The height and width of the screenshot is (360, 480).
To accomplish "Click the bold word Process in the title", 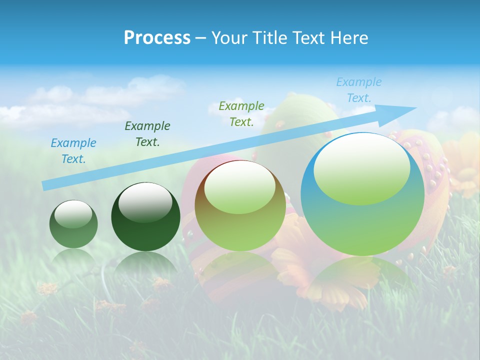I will pos(157,38).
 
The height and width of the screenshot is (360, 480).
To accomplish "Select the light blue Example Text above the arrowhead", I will pos(358,90).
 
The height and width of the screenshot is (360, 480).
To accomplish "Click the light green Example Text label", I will pos(241,113).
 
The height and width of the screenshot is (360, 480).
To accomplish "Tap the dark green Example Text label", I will pos(147,133).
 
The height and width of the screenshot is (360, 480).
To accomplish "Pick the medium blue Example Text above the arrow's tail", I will pos(73,150).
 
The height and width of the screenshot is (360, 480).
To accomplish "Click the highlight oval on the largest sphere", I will pos(361,169).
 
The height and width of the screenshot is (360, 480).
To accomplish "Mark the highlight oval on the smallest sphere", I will pos(73,214).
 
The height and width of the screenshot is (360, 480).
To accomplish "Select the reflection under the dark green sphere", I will pos(145,265).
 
